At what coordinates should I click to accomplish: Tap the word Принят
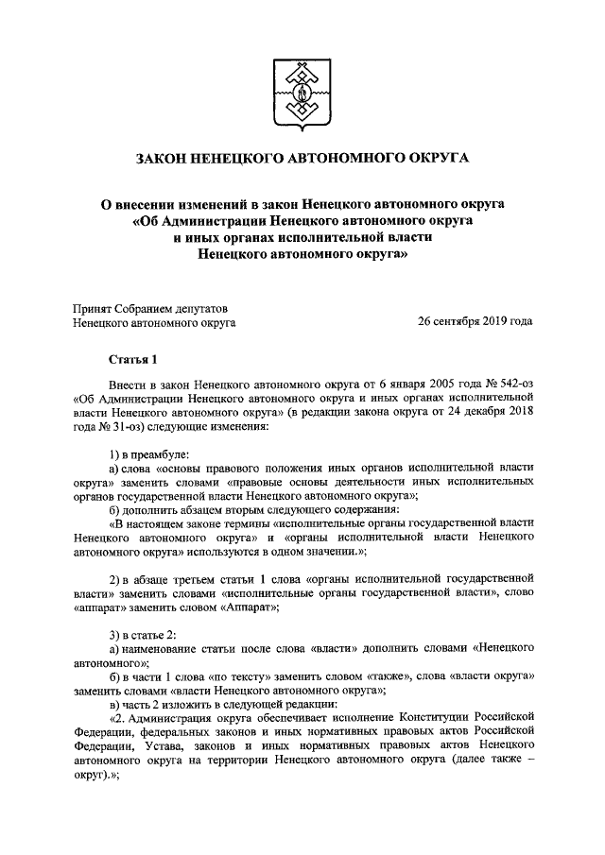94,307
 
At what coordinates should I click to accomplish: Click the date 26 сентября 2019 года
475,322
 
